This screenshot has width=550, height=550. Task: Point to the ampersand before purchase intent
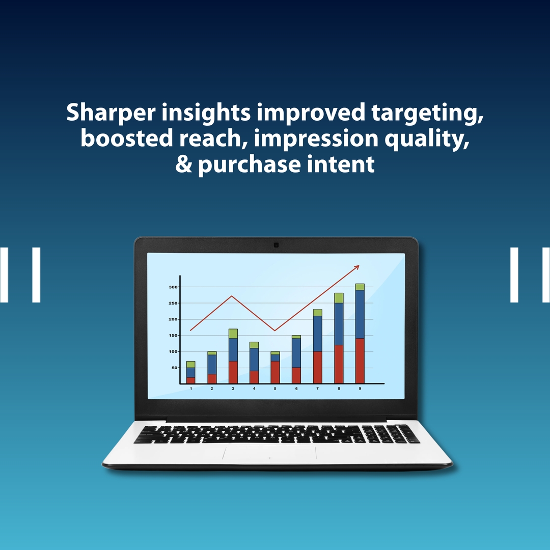click(184, 164)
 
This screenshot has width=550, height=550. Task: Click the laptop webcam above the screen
click(276, 245)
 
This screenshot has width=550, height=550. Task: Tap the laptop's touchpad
click(269, 453)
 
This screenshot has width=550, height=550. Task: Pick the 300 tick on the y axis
click(173, 287)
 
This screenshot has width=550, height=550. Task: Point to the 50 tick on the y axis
click(174, 368)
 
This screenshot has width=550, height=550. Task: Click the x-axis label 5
click(275, 389)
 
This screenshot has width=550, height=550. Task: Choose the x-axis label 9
click(360, 389)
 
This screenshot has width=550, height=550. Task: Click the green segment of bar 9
click(360, 287)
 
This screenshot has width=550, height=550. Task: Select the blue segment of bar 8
click(339, 324)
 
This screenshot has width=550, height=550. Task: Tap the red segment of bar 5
click(275, 372)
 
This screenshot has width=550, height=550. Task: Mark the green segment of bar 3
click(233, 334)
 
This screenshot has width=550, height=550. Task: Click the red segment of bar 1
click(190, 380)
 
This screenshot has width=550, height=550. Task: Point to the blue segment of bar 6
click(296, 352)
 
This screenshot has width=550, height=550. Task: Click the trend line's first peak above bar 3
click(232, 296)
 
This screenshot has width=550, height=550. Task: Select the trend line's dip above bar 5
click(275, 331)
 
